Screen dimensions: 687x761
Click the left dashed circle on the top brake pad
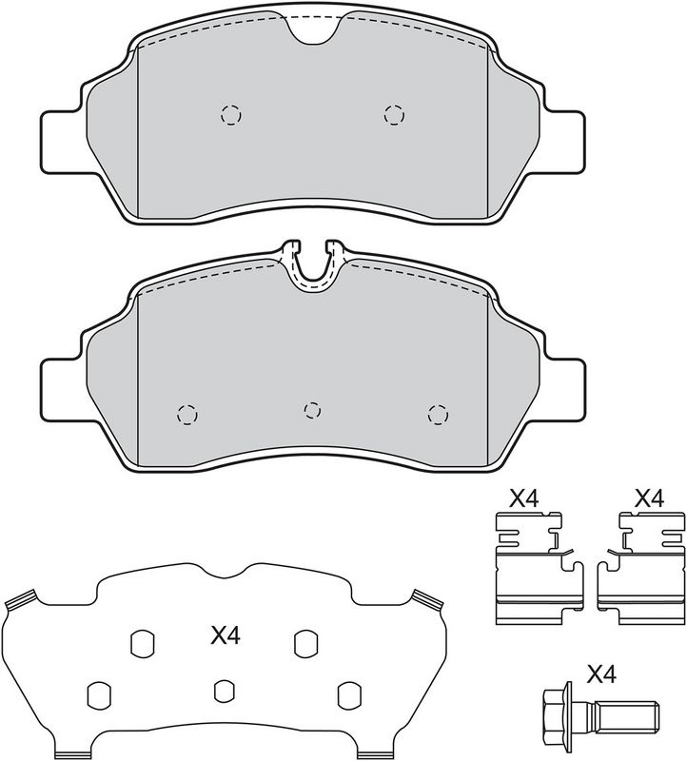pyautogui.click(x=231, y=115)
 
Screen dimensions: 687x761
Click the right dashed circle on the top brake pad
pyautogui.click(x=394, y=115)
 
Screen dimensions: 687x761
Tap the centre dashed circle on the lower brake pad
pyautogui.click(x=312, y=411)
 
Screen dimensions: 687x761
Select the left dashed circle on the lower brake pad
pyautogui.click(x=186, y=415)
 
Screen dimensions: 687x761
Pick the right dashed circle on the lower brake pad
pyautogui.click(x=438, y=415)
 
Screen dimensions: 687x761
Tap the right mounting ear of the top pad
pyautogui.click(x=563, y=142)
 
